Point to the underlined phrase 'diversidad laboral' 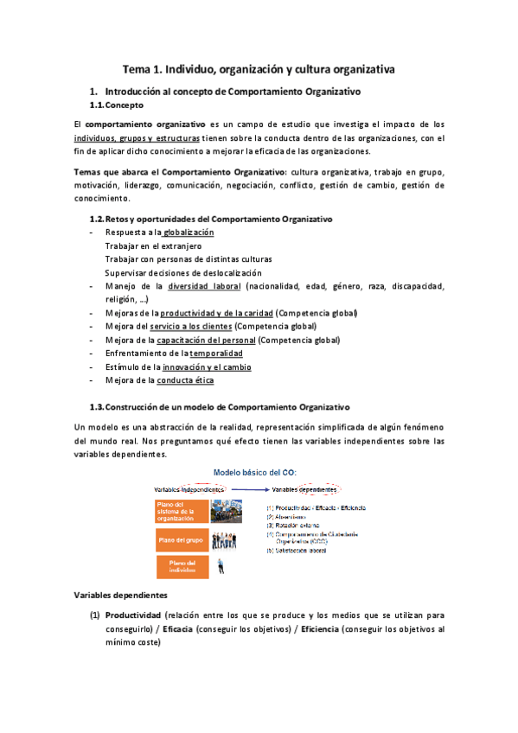coord(205,285)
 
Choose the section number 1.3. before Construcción coord(100,406)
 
